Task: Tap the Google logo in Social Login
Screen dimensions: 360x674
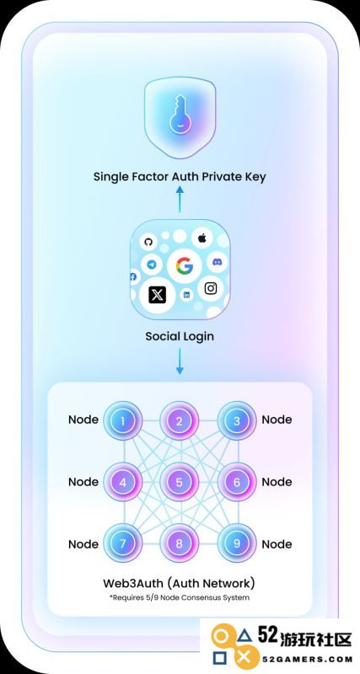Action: click(x=184, y=266)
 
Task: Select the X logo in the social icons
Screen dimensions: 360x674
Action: click(x=158, y=296)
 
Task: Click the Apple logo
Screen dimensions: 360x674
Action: click(x=201, y=238)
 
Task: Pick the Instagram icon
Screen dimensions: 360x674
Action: click(x=210, y=288)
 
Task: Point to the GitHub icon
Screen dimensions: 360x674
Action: click(x=148, y=243)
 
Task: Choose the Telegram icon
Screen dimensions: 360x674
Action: click(x=152, y=265)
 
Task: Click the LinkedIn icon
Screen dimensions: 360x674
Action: click(x=186, y=295)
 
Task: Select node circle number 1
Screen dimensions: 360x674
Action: click(x=123, y=420)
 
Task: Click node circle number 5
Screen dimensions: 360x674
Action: click(x=180, y=482)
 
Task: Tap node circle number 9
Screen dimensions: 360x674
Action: click(x=237, y=543)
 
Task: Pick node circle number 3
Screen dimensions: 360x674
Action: click(x=237, y=420)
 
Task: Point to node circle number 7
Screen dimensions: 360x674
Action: click(x=123, y=543)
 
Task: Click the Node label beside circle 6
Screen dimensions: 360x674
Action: click(x=277, y=482)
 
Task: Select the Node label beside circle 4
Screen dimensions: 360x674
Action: click(x=83, y=482)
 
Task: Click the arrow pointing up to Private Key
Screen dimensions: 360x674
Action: click(x=180, y=199)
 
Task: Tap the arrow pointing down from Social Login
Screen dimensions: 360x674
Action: click(x=180, y=361)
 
